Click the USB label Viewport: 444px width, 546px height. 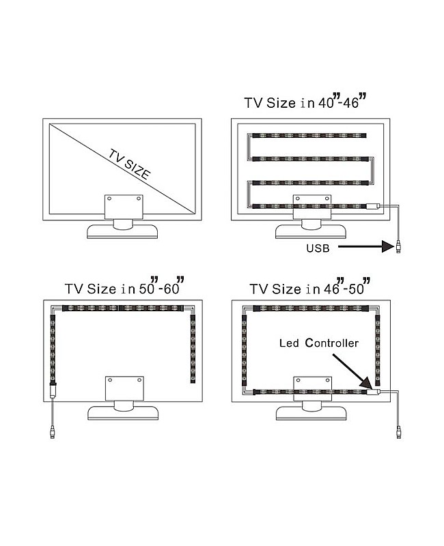[x=318, y=247]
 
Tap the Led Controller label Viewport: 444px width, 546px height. [x=318, y=343]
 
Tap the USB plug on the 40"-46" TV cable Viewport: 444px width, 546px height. [x=398, y=246]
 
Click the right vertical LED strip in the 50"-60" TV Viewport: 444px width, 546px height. [x=192, y=348]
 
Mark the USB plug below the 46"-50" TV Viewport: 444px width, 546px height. [x=398, y=431]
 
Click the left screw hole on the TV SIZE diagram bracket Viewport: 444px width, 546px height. [x=111, y=199]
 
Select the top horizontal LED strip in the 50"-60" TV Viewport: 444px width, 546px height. [x=123, y=308]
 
